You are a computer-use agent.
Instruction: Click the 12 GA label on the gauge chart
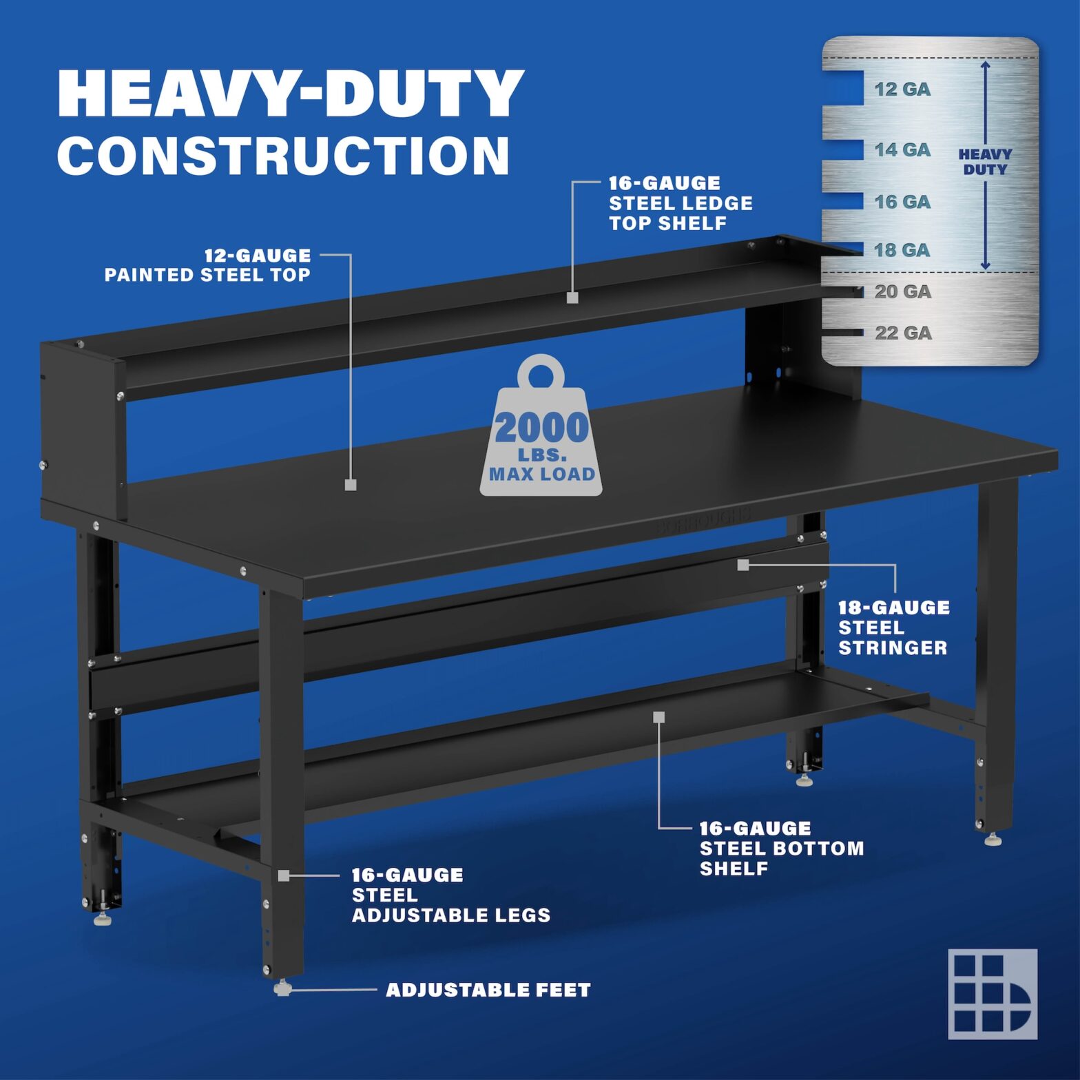[902, 89]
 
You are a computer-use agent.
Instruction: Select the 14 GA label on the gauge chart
[902, 149]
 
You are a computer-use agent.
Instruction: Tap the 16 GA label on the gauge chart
[902, 202]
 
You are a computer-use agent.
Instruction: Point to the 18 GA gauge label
[902, 250]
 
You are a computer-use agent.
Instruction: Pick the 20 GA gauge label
[902, 291]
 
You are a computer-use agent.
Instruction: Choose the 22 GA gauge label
[903, 333]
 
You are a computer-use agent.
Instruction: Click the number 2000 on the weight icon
[541, 428]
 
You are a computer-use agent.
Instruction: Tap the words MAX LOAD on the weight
[541, 474]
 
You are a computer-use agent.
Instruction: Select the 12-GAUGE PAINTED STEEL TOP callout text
[207, 265]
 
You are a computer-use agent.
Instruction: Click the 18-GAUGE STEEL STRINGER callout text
[893, 627]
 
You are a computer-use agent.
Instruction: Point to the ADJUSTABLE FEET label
[488, 990]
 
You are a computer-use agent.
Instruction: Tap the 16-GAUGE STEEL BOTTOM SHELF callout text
[781, 848]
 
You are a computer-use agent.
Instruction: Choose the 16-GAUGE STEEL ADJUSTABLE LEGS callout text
[450, 895]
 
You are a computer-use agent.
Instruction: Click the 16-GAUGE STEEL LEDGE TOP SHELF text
[681, 203]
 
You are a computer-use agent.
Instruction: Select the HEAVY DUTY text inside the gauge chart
[985, 162]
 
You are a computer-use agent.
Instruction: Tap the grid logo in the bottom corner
[993, 993]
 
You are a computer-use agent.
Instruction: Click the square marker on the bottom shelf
[659, 717]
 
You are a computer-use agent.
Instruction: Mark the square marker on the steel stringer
[742, 565]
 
